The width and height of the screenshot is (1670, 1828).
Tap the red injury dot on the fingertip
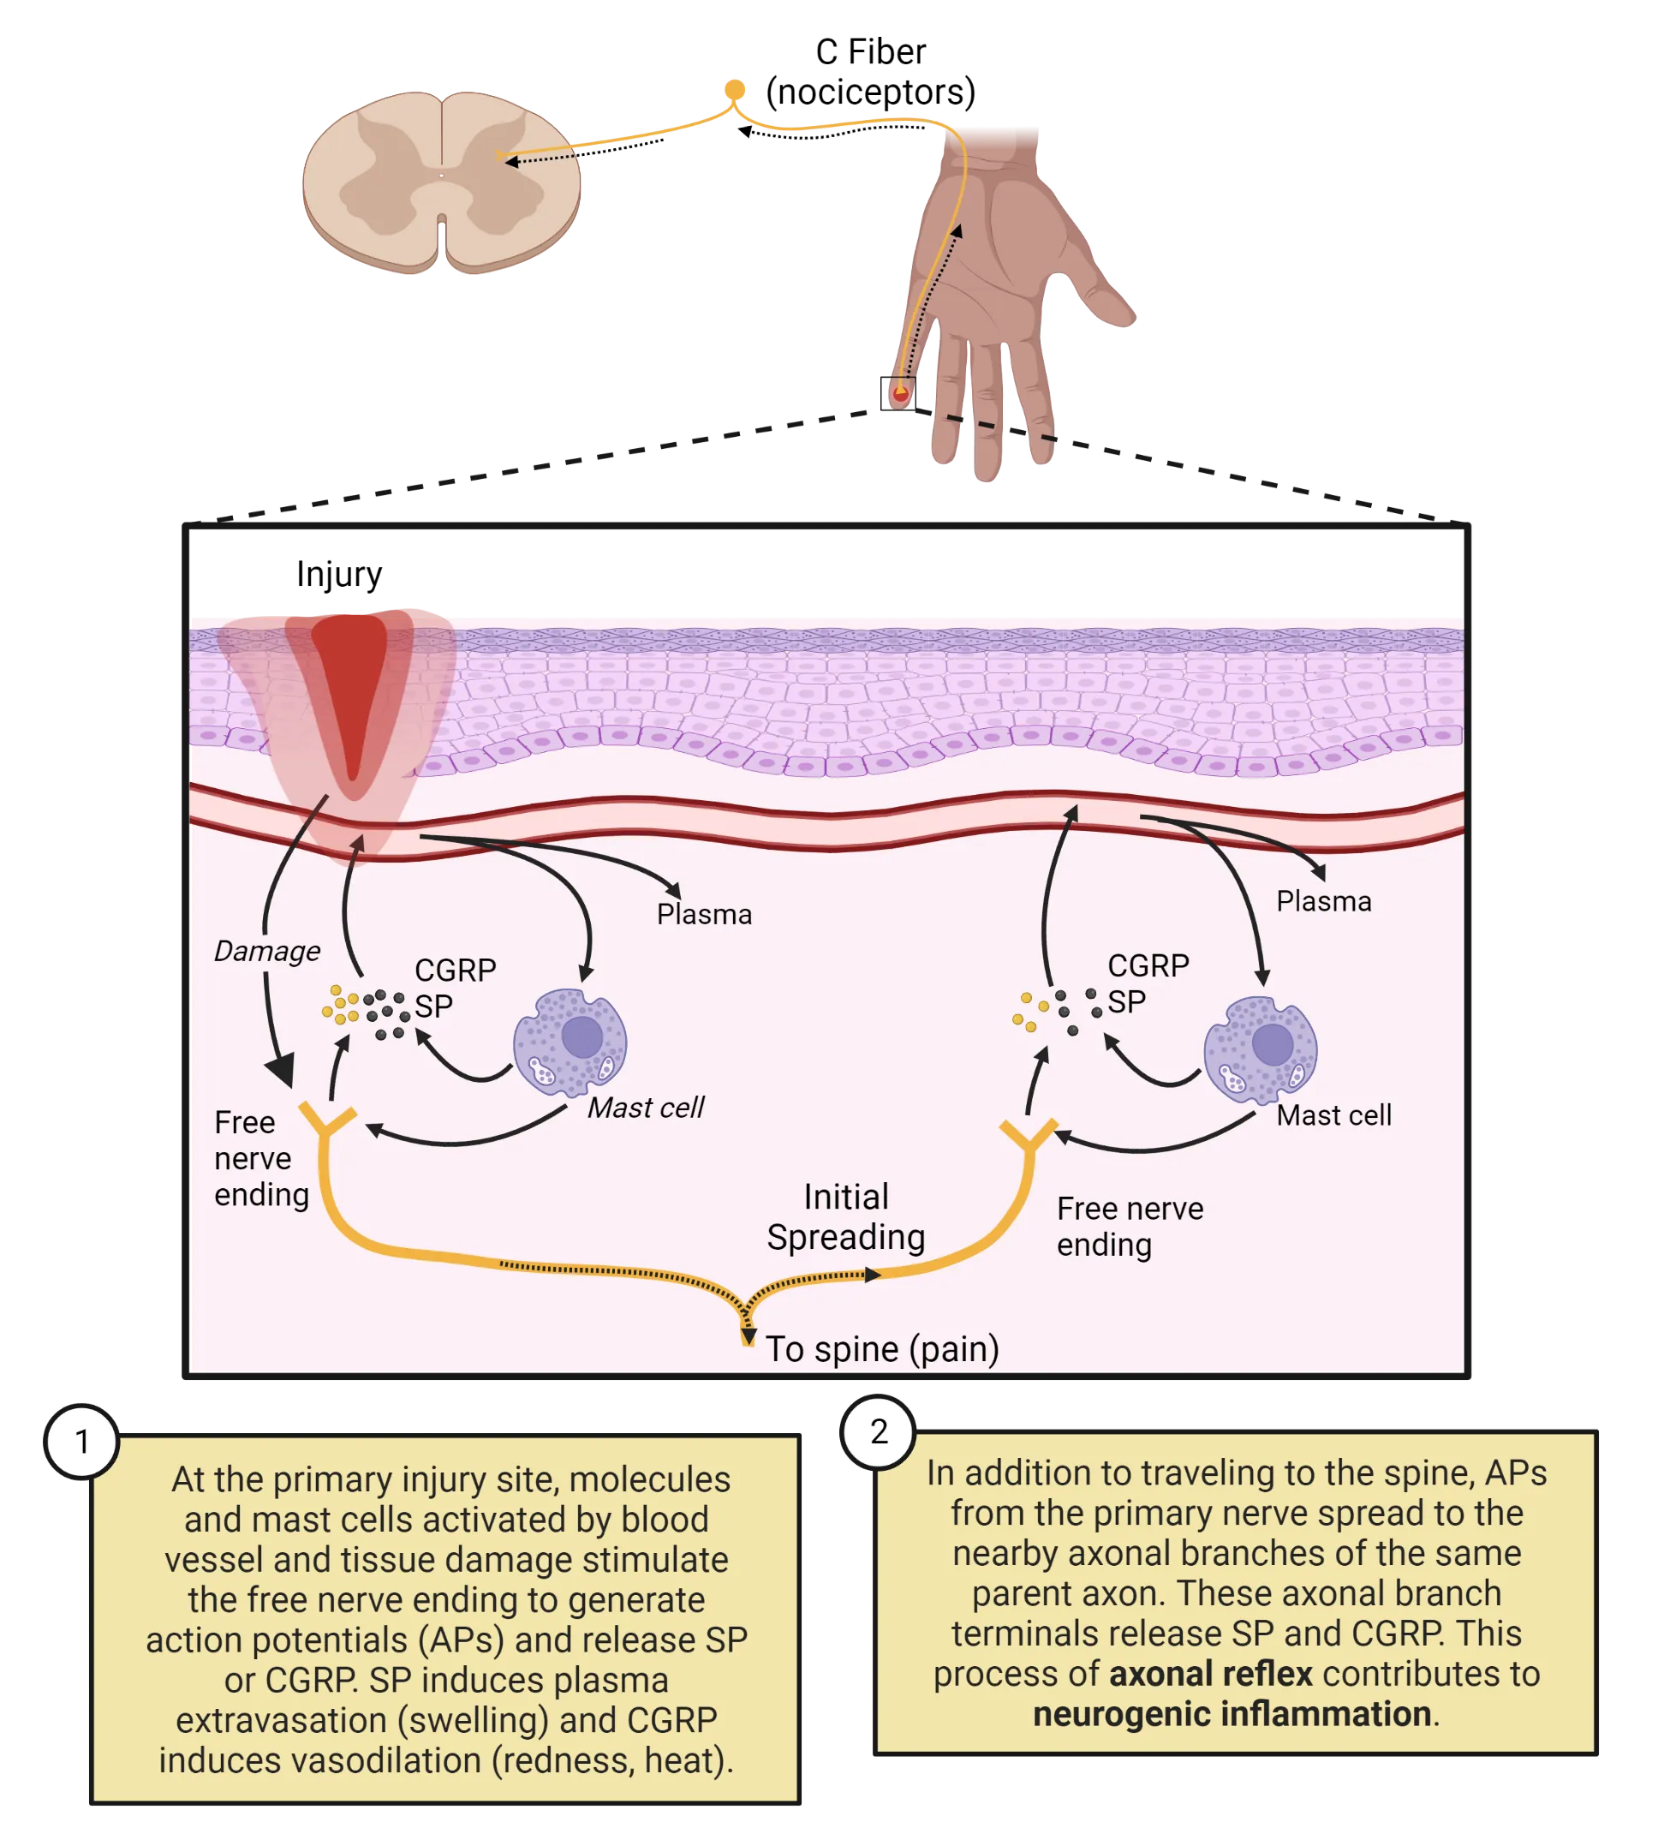(x=899, y=393)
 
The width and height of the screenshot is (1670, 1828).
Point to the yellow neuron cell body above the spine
(x=734, y=90)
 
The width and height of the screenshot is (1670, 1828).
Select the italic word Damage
(x=266, y=951)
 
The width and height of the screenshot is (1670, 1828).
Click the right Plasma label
(x=1323, y=901)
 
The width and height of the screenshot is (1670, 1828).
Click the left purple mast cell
(x=570, y=1042)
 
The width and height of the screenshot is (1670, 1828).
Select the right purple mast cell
(x=1259, y=1049)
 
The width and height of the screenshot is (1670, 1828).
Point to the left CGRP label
(x=455, y=971)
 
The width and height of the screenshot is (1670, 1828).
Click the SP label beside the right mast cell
(x=1126, y=1002)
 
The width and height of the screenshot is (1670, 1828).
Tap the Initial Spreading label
(x=845, y=1217)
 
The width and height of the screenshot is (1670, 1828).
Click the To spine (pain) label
(x=881, y=1348)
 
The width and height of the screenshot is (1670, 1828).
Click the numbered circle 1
(x=82, y=1442)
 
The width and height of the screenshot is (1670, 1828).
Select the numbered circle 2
(x=879, y=1431)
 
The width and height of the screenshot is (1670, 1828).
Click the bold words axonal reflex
(x=1209, y=1674)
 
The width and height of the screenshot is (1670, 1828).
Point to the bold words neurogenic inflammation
(x=1232, y=1714)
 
